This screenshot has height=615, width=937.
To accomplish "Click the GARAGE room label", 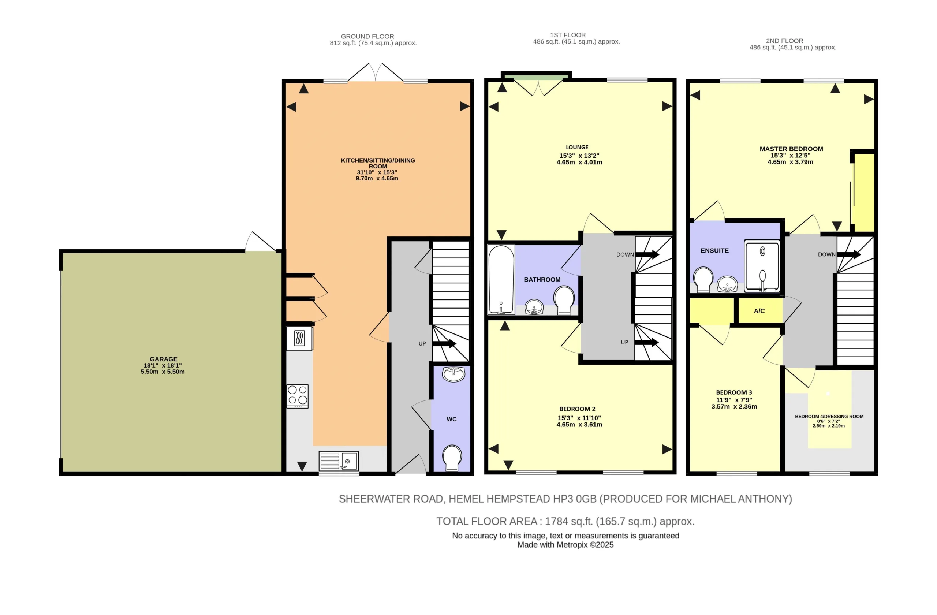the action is coord(163,359).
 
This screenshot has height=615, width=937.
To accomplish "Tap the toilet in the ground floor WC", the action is coord(452,458).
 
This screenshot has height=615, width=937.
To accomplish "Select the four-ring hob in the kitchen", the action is coord(297,396).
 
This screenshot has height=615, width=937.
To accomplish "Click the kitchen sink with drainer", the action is coord(339,461).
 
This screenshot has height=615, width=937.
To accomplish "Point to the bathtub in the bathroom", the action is coord(501,280).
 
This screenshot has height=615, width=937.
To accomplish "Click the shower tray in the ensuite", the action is coord(762,266).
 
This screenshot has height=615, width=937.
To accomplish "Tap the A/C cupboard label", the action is coord(759,311).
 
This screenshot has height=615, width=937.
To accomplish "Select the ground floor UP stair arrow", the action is coord(444,344).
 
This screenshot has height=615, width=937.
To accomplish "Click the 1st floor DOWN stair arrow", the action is coord(647,255).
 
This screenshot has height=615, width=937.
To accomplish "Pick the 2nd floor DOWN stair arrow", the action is coord(849,255).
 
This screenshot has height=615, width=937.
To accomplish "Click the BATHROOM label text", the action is coord(542,280).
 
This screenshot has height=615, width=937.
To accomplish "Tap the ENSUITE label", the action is coord(714,250).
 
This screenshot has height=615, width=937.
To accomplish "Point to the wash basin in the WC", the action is coord(453,374).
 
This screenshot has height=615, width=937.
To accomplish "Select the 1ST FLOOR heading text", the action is coord(568,35).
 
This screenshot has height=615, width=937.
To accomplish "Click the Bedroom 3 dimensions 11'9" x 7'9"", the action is coord(734,400).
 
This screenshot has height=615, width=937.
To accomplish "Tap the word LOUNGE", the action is coord(577,147).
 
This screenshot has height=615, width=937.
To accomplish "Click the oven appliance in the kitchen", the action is coord(300,338).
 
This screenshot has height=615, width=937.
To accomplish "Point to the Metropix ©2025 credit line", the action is coord(565,545).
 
